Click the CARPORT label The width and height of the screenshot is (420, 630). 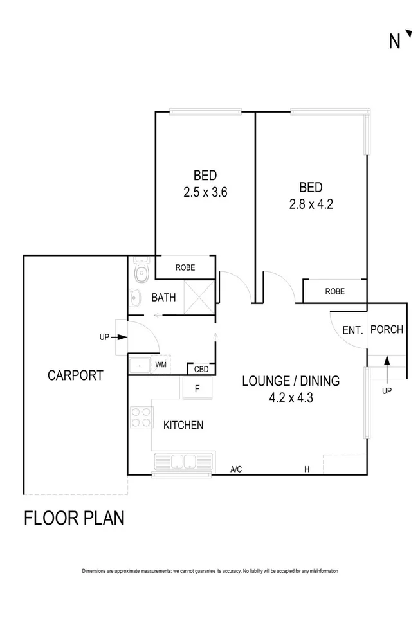75,375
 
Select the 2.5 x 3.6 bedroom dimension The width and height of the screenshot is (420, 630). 205,192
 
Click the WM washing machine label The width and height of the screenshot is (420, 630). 161,365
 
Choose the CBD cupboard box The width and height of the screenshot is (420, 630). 201,369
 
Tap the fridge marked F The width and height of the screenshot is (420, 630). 197,389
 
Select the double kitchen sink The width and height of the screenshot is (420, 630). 183,461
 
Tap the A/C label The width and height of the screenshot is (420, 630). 236,470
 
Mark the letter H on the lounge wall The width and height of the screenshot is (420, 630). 307,470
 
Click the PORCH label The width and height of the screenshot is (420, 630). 387,330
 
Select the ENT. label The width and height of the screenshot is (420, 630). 352,331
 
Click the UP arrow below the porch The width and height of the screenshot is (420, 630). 387,373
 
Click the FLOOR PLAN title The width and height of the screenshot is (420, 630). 74,517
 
